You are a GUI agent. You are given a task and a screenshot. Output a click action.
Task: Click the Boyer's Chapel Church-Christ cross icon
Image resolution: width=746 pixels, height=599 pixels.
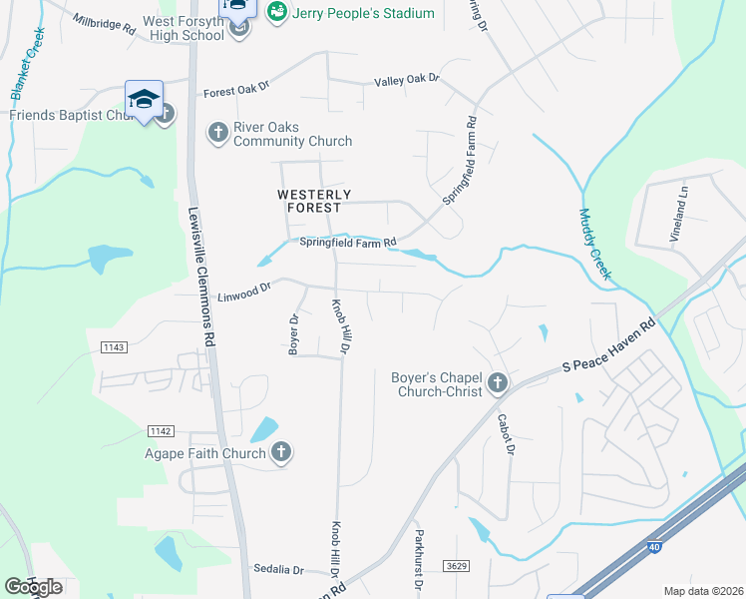[497, 382]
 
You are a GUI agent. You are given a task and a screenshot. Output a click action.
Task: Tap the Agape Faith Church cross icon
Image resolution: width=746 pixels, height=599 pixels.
[281, 453]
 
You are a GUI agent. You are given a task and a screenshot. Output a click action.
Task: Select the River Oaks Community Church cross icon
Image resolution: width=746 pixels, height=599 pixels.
[216, 133]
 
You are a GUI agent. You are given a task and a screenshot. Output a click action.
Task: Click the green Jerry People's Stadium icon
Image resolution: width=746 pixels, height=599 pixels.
[277, 11]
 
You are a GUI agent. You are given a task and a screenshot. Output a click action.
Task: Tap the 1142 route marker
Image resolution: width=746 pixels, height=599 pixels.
[160, 431]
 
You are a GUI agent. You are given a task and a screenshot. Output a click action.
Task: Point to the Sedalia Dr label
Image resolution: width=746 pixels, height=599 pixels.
[277, 569]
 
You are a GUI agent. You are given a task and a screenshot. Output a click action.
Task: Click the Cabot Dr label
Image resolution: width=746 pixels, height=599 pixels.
[506, 434]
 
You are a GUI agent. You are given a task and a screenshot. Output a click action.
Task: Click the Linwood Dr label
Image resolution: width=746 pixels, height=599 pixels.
[244, 291]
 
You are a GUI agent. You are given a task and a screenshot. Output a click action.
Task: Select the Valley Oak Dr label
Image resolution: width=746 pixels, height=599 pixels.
[406, 81]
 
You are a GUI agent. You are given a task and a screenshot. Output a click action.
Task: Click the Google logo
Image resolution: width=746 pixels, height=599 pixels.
[33, 586]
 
